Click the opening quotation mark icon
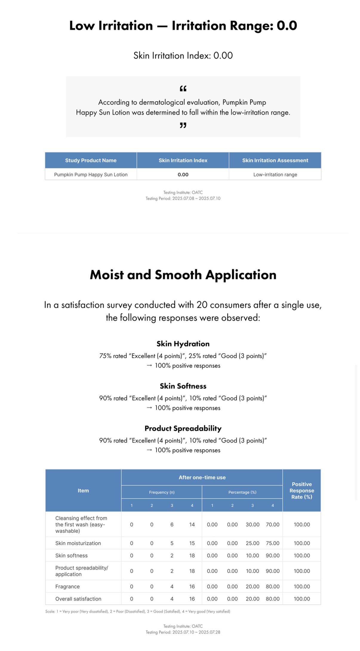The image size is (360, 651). point(183,88)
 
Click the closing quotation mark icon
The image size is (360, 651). point(183,125)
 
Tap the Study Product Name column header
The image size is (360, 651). point(91,160)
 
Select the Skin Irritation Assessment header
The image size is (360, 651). point(275,160)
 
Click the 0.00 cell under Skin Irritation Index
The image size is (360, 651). point(183,175)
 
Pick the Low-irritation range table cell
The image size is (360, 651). point(275,175)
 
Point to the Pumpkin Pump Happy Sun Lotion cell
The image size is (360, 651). point(91,175)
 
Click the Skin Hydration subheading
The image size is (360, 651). point(183,344)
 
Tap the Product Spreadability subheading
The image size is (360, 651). point(183,428)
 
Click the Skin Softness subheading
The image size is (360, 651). point(183,386)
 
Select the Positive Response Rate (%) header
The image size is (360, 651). point(301,490)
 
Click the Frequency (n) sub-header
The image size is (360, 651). point(162,492)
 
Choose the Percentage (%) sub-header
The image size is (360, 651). point(242,492)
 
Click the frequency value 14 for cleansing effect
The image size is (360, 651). point(192,524)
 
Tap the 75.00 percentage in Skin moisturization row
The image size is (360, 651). point(273,543)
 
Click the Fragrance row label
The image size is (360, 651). point(67,586)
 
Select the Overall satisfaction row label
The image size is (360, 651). point(78,599)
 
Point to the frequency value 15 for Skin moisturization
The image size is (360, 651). point(192,543)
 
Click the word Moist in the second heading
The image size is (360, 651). point(107,275)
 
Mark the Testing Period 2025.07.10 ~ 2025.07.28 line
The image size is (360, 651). point(183,632)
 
